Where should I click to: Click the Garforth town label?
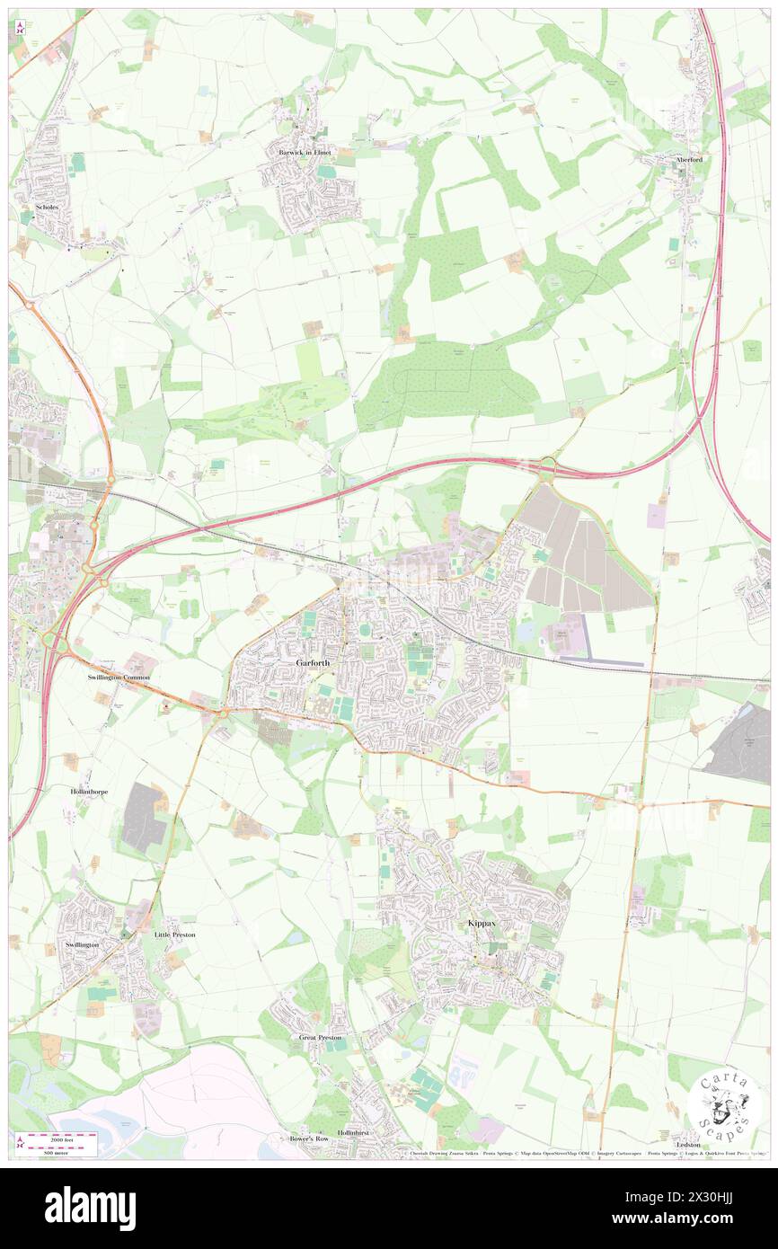click(313, 662)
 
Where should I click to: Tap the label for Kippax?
click(482, 924)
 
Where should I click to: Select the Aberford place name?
click(688, 159)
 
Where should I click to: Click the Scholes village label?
click(47, 207)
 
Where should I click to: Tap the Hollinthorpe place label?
click(89, 792)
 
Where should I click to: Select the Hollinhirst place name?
click(354, 1133)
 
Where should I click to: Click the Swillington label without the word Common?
click(82, 945)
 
